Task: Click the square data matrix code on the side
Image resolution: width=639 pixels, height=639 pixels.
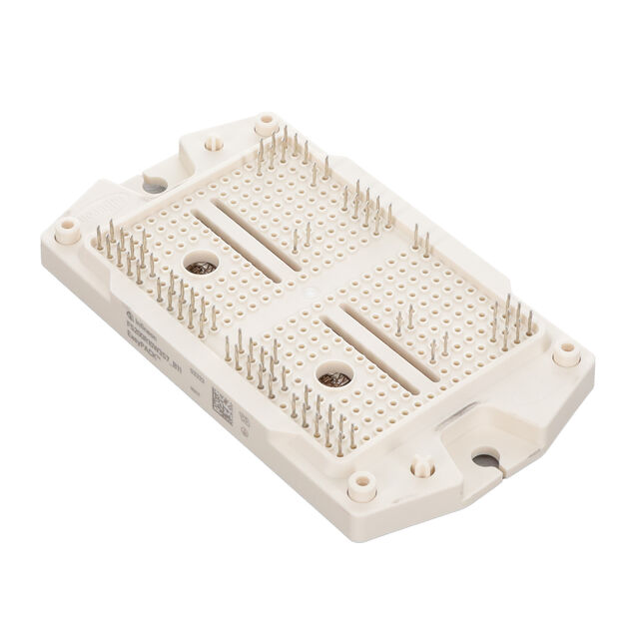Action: tap(222, 406)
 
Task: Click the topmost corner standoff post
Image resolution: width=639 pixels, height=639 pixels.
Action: tap(266, 125)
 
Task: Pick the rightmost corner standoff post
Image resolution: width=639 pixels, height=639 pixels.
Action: tap(566, 352)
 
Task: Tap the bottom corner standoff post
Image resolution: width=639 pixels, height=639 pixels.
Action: tap(361, 485)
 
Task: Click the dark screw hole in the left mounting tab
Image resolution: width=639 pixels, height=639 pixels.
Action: tap(155, 185)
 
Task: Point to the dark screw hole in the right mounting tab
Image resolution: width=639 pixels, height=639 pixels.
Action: tap(485, 459)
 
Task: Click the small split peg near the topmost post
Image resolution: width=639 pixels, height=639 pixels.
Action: tap(213, 144)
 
